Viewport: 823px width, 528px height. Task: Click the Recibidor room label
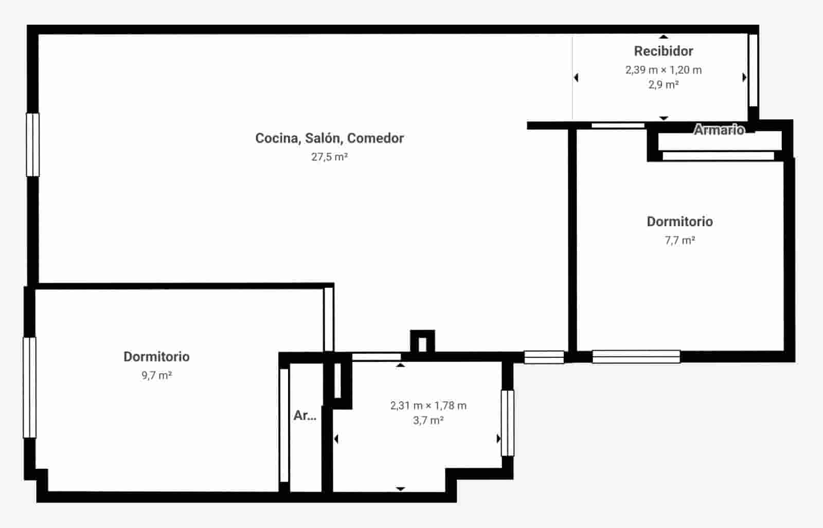[x=663, y=51]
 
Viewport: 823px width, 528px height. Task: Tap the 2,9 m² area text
[x=663, y=85]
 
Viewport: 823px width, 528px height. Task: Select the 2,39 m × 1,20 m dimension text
[x=663, y=70]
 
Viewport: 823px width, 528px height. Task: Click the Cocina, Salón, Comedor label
[x=329, y=138]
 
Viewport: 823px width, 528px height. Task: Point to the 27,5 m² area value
[x=329, y=157]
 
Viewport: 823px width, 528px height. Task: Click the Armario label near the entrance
[x=719, y=130]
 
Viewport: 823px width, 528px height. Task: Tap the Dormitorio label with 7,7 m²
[x=679, y=222]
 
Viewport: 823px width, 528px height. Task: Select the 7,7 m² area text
[x=679, y=240]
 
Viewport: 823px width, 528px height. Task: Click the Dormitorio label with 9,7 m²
[x=156, y=356]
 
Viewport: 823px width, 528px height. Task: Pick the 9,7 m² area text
[x=156, y=375]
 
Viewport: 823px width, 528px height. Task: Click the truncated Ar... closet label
[x=305, y=415]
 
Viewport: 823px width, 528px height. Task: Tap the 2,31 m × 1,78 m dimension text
[x=428, y=406]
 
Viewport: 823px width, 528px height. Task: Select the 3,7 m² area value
[x=428, y=421]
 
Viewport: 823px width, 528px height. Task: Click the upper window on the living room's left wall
[x=32, y=144]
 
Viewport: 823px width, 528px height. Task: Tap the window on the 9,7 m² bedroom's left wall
[x=30, y=387]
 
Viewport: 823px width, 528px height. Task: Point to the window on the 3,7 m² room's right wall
[x=507, y=423]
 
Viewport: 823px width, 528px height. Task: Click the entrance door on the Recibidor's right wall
[x=753, y=70]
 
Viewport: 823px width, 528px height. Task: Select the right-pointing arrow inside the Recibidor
[x=744, y=78]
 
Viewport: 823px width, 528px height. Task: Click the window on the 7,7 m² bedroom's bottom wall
[x=636, y=356]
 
